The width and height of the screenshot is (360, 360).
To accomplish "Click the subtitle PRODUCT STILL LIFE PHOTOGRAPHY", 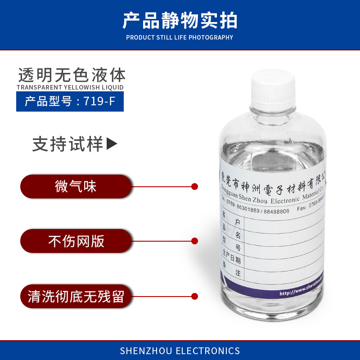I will click(x=180, y=37).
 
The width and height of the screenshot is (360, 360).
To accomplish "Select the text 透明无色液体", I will click(x=72, y=74).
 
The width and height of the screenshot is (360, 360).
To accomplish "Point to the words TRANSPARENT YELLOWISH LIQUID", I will click(x=70, y=87).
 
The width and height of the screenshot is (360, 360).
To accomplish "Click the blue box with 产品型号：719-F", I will click(x=70, y=101).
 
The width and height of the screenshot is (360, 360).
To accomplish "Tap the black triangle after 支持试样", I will click(x=111, y=144).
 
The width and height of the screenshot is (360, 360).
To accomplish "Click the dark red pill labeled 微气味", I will click(x=76, y=186).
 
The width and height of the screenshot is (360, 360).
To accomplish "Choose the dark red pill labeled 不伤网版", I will click(x=76, y=242).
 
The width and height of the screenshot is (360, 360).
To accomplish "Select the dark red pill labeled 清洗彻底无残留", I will click(x=76, y=297).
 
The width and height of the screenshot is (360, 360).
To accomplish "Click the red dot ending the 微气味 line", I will click(x=195, y=186).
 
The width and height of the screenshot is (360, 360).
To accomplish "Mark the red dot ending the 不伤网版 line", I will click(x=195, y=241).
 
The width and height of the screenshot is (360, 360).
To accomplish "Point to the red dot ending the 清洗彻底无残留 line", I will click(x=195, y=296).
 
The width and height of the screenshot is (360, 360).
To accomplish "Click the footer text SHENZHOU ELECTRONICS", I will click(x=180, y=351).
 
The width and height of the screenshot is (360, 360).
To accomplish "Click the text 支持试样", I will click(x=67, y=144).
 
